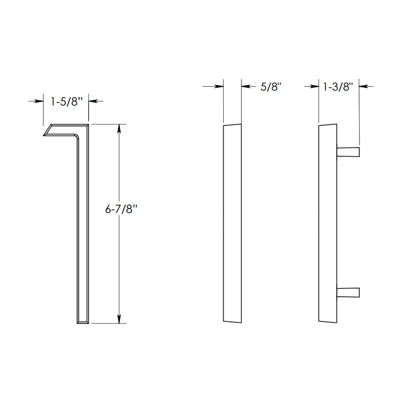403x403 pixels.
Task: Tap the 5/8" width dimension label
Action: pos(271,87)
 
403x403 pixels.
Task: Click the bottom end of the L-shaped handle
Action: pos(83,321)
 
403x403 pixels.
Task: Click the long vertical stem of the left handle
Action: pos(84,227)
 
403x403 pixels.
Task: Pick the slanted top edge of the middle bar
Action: pos(232,124)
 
